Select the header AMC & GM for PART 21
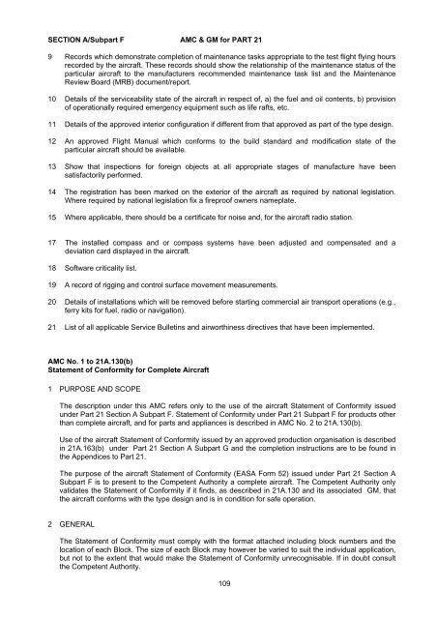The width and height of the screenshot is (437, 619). [235, 16]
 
